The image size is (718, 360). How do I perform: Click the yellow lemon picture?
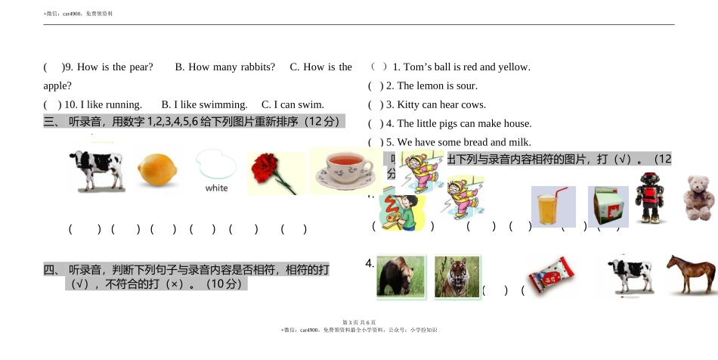[158, 170]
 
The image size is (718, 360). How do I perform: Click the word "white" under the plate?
[216, 188]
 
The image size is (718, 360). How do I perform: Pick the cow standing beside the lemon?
[96, 170]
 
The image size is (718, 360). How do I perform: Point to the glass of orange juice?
[553, 206]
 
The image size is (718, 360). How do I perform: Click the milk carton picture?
[608, 206]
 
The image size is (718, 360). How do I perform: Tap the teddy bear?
[699, 198]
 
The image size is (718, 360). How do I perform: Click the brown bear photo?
[401, 277]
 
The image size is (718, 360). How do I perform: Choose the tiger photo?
[456, 277]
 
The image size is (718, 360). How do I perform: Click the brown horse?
[691, 273]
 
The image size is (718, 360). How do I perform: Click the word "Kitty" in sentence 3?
[411, 104]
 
